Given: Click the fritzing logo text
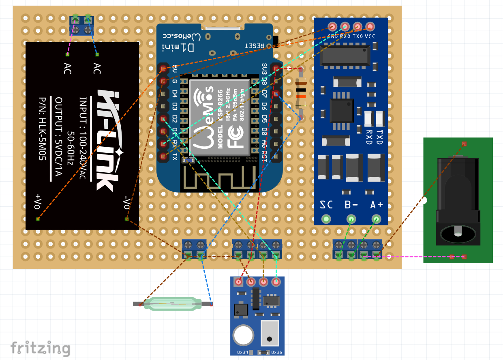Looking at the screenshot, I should (x=40, y=348).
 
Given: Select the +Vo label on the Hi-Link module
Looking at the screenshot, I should (x=38, y=200).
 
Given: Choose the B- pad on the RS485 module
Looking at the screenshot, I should (x=351, y=220).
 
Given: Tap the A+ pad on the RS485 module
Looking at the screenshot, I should (x=377, y=220).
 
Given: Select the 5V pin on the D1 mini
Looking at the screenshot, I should (x=164, y=68).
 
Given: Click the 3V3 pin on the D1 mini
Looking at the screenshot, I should (x=276, y=68).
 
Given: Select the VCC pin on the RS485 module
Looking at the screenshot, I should (x=370, y=27).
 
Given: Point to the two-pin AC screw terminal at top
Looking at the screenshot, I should (x=81, y=26).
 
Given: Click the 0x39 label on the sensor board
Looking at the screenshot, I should (x=242, y=352).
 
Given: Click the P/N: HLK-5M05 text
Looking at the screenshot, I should (x=43, y=129).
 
